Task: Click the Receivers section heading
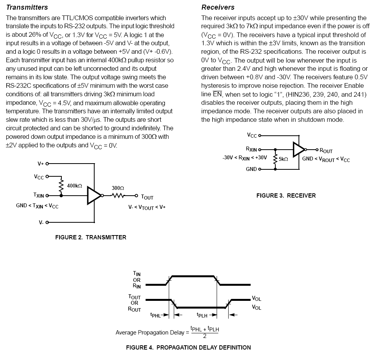pos(218,7)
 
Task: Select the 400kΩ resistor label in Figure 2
pos(75,186)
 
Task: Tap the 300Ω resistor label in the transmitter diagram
pos(118,188)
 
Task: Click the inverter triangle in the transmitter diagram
pos(94,195)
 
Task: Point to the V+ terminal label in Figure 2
pos(41,164)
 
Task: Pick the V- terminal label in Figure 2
pos(41,222)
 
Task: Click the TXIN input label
pos(39,196)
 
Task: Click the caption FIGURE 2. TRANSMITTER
pos(91,237)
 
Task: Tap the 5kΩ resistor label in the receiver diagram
pos(283,159)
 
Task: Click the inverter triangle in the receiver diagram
pos(299,149)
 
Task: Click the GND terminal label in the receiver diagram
pos(251,169)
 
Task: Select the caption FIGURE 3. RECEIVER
pos(286,196)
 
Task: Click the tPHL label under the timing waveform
pos(155,315)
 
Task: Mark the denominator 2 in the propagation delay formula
pos(205,336)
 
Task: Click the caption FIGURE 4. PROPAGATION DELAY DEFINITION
pos(188,348)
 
